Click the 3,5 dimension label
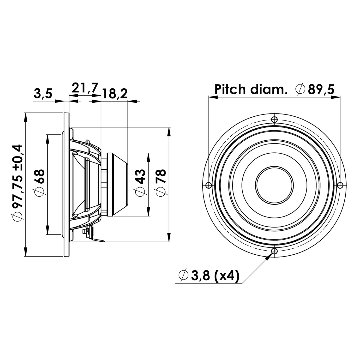click(43, 94)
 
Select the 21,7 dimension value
click(85, 88)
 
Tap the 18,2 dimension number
click(115, 94)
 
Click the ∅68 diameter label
click(39, 183)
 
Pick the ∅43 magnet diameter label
click(140, 183)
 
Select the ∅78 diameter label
click(161, 183)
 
